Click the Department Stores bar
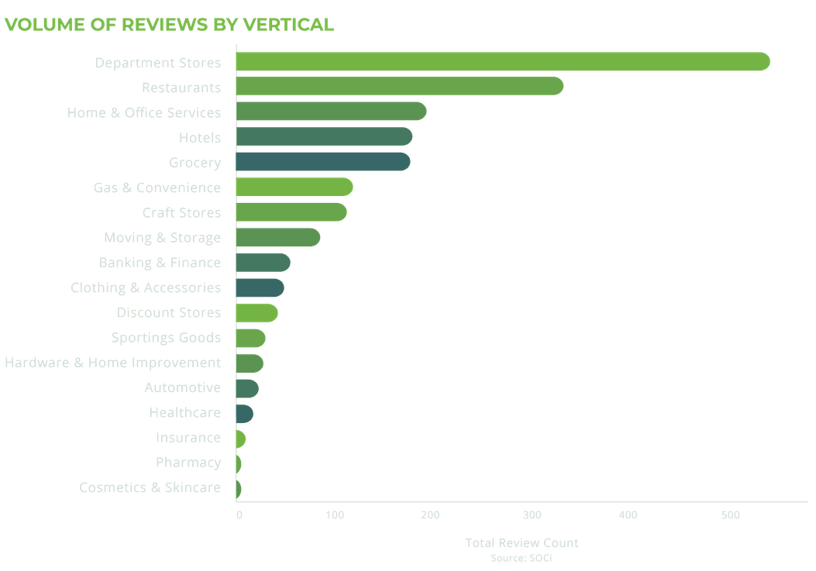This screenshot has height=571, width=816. (502, 62)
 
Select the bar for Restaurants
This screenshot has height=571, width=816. (399, 87)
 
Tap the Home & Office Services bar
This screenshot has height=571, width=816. (331, 112)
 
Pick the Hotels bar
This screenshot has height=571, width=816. (324, 137)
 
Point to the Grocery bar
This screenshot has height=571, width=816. (322, 162)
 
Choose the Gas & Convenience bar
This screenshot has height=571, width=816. (294, 187)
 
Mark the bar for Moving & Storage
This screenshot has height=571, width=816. (277, 237)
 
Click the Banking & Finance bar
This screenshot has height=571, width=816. (263, 263)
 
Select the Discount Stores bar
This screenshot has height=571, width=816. (257, 313)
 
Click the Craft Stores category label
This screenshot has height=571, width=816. (181, 212)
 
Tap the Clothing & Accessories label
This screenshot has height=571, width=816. (146, 287)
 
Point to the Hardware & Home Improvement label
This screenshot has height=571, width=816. (113, 363)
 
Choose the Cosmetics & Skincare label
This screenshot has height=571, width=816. (150, 487)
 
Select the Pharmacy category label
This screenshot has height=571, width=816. (188, 463)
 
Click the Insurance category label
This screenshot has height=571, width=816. (188, 438)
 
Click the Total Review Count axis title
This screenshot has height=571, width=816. (522, 543)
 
